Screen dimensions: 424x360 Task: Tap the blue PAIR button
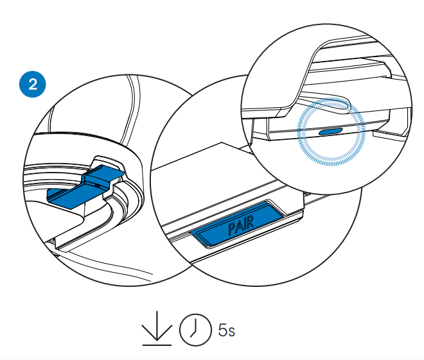[x=239, y=222]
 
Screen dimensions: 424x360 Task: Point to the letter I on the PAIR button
[x=244, y=221]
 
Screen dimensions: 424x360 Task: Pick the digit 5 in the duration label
[x=222, y=331]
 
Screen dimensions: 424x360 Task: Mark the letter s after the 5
[x=231, y=332]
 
